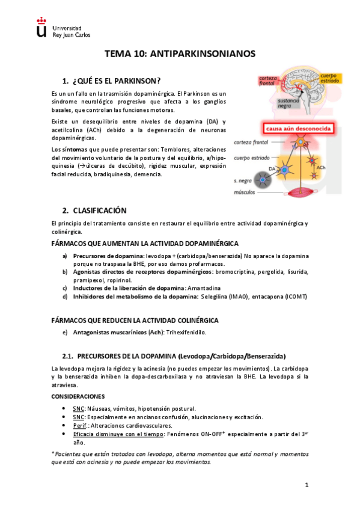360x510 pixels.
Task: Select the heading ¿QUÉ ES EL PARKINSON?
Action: pyautogui.click(x=117, y=81)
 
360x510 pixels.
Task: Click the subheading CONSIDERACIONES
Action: pyautogui.click(x=78, y=396)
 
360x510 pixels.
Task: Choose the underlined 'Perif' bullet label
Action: pyautogui.click(x=81, y=425)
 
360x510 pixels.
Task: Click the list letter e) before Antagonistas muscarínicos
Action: pyautogui.click(x=65, y=332)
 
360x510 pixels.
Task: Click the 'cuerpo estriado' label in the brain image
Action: pyautogui.click(x=330, y=77)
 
